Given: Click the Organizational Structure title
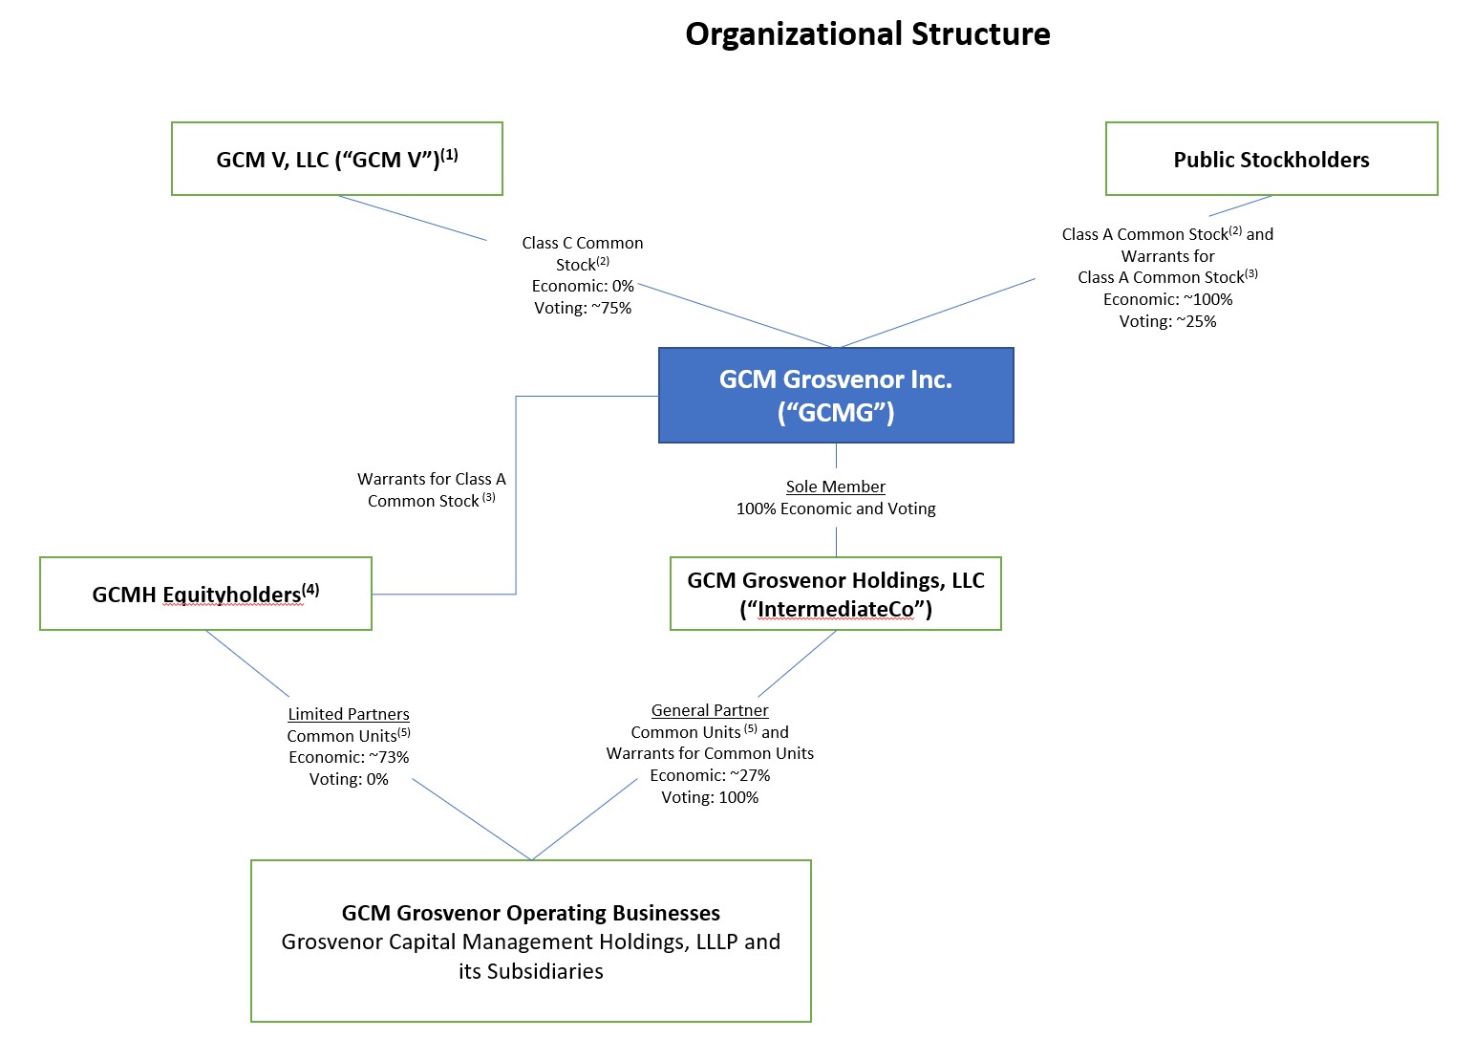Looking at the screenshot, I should pos(867,34).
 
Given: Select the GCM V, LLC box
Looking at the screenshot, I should pos(336,159).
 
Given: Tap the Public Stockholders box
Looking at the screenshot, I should pos(1271,160).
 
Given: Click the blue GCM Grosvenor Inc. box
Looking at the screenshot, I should pos(835,395).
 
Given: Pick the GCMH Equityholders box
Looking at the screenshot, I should pos(205,594).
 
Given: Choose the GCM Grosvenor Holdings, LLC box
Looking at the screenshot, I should pos(835,594).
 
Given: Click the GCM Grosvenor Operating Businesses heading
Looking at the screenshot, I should pos(530,913).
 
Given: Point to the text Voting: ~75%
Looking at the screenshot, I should pos(583,308).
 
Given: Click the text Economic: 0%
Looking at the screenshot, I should pos(583,286).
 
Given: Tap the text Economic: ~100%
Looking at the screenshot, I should pos(1167,299).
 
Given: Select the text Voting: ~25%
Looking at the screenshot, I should pos(1167,321).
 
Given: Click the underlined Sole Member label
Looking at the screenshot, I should pos(835,487).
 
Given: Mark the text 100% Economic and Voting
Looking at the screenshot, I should pos(835,509).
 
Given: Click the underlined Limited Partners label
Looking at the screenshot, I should pos(349,714).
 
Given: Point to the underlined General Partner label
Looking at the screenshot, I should pos(710,710).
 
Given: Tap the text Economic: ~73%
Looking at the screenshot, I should pos(349,757).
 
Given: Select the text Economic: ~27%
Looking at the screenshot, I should pos(710,775).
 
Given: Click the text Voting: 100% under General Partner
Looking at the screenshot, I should pos(710,797).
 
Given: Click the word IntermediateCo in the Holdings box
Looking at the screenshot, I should pos(835,610).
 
